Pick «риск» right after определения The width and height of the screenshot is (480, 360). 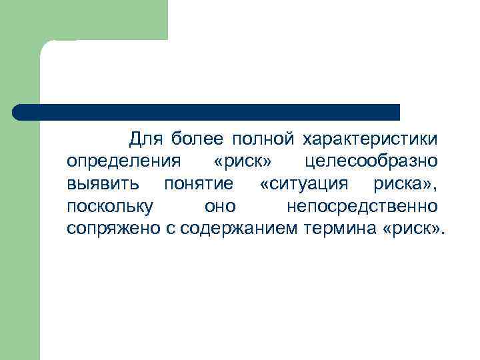pyautogui.click(x=243, y=161)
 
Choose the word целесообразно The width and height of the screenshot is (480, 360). pyautogui.click(x=371, y=161)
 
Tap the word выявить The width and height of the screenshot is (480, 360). pyautogui.click(x=103, y=183)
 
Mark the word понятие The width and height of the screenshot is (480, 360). pyautogui.click(x=199, y=183)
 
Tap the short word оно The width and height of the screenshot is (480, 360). pyautogui.click(x=220, y=206)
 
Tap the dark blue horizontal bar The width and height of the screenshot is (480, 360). pyautogui.click(x=207, y=111)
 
